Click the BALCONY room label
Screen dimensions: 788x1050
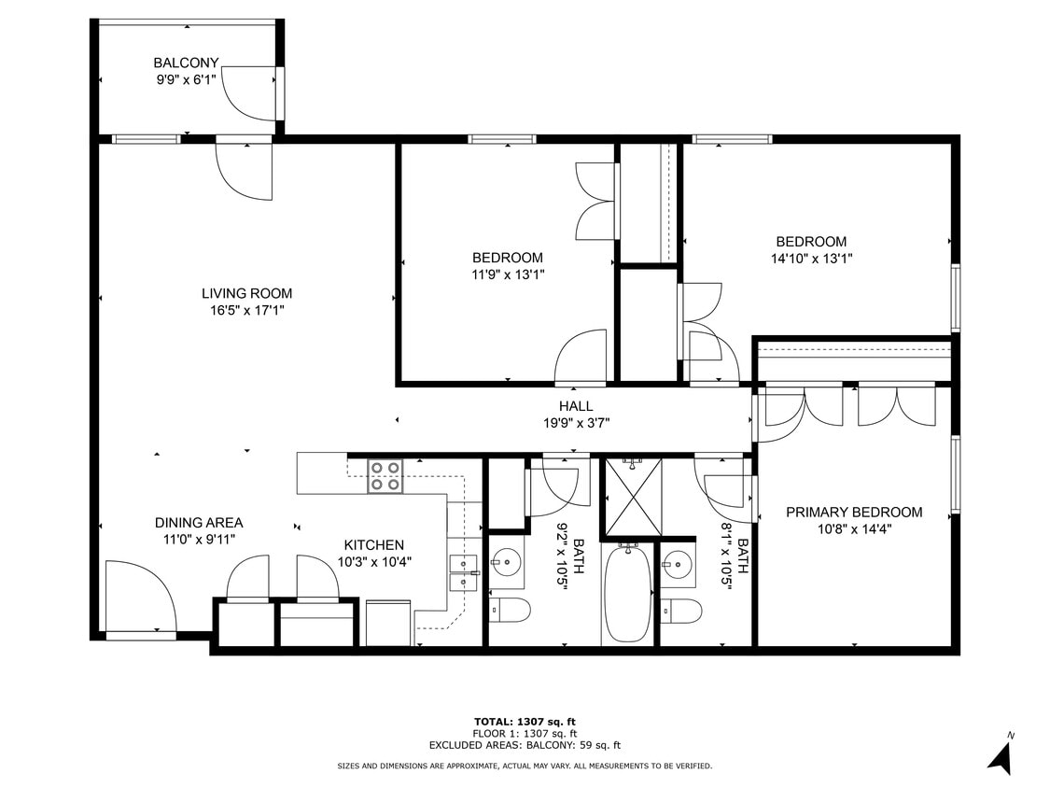click(186, 63)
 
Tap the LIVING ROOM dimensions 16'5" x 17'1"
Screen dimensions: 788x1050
click(246, 310)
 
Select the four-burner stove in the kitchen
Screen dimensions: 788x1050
click(385, 476)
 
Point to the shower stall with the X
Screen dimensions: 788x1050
click(633, 497)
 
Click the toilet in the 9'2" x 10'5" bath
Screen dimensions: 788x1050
click(510, 611)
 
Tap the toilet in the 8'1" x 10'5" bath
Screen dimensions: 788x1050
click(681, 612)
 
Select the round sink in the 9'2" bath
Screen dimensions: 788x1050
click(507, 563)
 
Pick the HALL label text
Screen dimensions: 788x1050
click(576, 406)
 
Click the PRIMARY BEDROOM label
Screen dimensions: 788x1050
click(853, 512)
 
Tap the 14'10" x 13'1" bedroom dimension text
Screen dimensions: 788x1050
click(811, 259)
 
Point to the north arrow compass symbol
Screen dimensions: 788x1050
click(1001, 756)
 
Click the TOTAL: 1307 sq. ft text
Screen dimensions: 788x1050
click(525, 722)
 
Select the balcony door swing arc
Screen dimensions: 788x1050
click(247, 93)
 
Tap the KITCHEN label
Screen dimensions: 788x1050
click(373, 545)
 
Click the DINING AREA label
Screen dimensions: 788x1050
click(199, 523)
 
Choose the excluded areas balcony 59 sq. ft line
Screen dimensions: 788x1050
click(525, 745)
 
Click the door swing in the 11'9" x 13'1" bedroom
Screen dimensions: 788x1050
click(581, 357)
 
